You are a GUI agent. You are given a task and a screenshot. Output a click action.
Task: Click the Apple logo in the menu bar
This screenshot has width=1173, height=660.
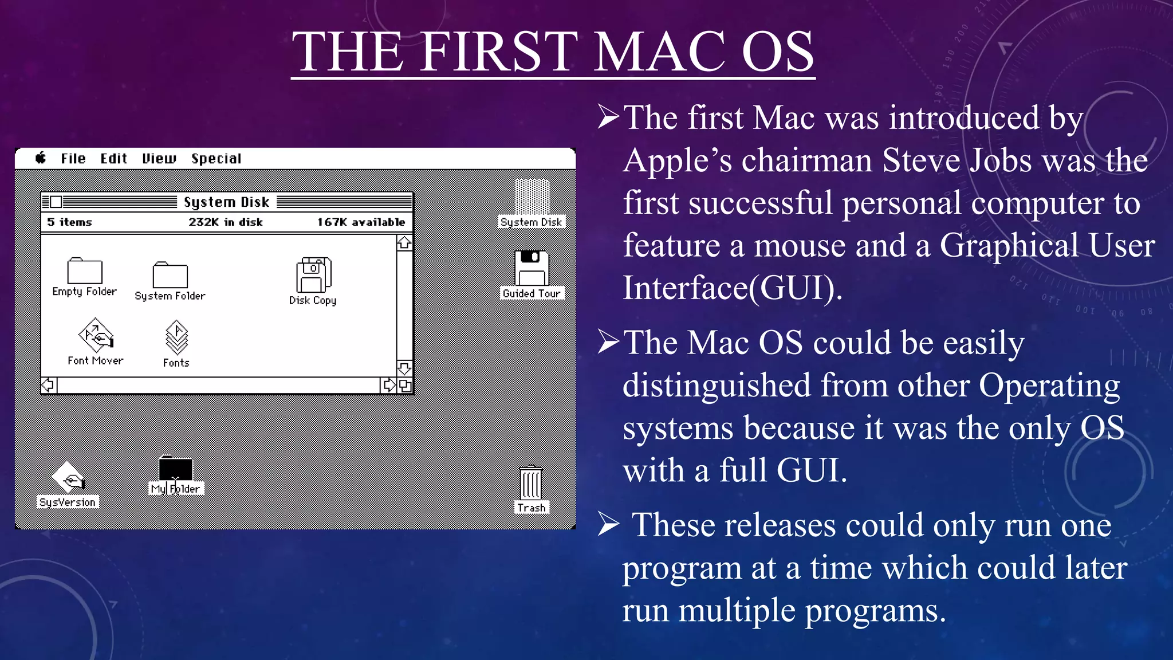pos(41,158)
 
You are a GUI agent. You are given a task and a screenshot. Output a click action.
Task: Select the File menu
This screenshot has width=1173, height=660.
pos(73,159)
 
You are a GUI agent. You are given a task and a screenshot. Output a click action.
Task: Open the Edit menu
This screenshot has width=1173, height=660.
pos(113,159)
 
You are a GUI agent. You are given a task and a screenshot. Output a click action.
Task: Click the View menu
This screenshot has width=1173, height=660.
pos(159,159)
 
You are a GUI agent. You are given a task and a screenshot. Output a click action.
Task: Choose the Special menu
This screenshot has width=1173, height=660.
pos(216,159)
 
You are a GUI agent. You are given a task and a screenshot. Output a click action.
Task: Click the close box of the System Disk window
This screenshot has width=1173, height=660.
pos(56,202)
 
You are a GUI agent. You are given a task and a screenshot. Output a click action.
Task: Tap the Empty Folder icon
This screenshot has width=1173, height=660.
pos(85,271)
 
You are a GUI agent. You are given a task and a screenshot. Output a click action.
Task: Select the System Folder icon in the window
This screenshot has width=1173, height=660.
pos(170,276)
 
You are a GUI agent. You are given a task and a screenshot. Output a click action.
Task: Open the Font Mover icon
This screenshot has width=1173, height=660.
pos(96,336)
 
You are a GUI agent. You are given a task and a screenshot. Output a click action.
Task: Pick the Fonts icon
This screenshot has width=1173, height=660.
pos(176,338)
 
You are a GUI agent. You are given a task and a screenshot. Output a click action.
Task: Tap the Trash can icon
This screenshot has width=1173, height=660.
pos(531,483)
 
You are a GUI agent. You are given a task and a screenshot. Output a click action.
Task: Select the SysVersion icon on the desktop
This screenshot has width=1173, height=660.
pos(68,477)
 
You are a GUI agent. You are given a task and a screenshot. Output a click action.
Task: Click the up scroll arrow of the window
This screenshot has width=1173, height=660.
pos(404,243)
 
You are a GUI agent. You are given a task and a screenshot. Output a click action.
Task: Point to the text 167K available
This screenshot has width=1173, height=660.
pos(361,222)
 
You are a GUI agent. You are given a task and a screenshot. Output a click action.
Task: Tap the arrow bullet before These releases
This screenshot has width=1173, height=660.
pos(608,524)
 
